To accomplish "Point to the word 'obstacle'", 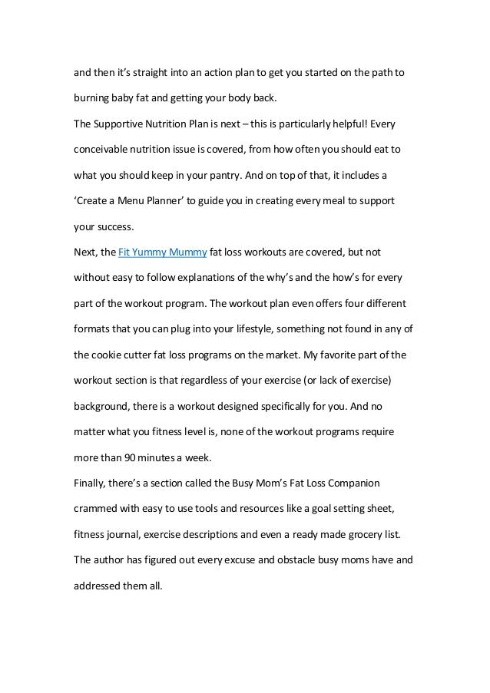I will [272, 560].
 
